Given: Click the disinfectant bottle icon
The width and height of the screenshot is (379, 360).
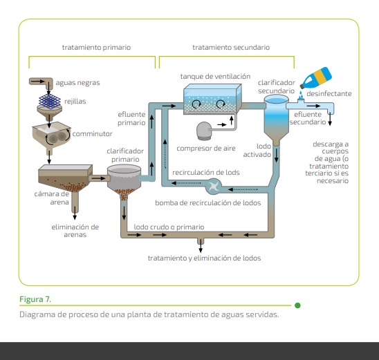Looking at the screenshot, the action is [316, 77].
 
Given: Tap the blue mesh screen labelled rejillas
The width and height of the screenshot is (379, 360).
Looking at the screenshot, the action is [50, 101].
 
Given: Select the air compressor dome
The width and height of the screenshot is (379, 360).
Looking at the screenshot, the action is [204, 131].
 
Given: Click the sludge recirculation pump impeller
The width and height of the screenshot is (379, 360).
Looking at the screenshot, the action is [214, 186].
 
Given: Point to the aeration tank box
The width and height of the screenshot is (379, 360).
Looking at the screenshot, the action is [212, 99].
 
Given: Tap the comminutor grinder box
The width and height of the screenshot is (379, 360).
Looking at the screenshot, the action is [51, 135].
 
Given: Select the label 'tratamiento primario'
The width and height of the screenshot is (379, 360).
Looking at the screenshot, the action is [96, 47].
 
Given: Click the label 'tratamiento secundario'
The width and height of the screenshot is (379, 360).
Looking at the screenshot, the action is [231, 47].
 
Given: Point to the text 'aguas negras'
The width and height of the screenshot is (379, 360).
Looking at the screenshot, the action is [78, 83].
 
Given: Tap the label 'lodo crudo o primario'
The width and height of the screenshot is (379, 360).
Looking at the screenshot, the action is [169, 227].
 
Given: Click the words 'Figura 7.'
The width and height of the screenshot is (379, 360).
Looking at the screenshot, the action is [35, 299].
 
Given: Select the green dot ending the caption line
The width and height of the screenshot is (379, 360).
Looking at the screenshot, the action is [297, 305].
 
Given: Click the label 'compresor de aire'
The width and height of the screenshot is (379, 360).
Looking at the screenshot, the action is [206, 149].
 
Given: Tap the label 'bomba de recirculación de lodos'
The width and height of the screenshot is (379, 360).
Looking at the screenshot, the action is [208, 203].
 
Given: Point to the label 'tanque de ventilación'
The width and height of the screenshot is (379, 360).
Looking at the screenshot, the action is [215, 77].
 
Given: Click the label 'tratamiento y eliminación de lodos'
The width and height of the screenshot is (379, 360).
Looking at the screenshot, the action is [204, 258].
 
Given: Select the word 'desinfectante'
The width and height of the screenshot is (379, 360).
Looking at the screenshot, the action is [329, 94].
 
